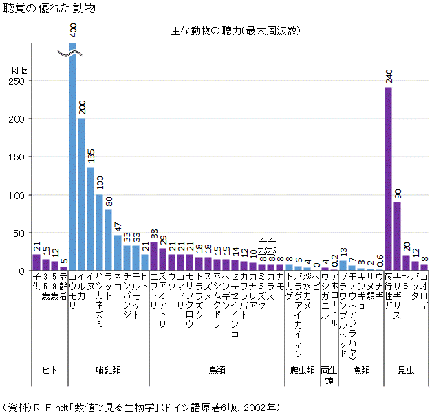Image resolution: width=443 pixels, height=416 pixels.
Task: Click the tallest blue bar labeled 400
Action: [x=72, y=158]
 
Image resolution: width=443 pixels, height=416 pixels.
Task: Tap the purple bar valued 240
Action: [x=388, y=179]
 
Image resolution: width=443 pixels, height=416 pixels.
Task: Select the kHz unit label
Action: [x=19, y=70]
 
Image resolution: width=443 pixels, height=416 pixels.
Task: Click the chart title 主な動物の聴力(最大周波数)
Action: [x=235, y=31]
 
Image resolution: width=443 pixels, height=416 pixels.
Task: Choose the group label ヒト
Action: [x=50, y=371]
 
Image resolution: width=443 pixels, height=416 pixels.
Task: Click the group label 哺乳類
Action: [x=109, y=371]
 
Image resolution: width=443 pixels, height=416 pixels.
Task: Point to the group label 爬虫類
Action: [x=301, y=371]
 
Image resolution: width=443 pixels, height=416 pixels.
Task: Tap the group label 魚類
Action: [x=361, y=371]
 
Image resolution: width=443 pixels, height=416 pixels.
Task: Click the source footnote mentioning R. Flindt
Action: [x=141, y=407]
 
